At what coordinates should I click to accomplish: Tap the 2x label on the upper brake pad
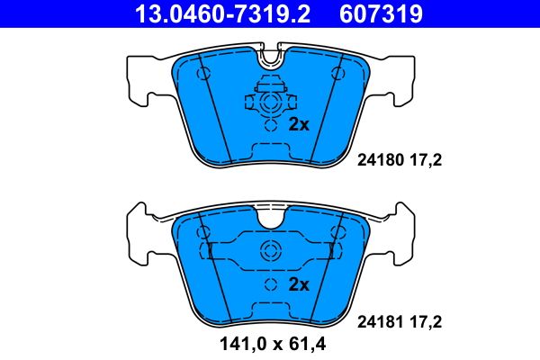[299, 125]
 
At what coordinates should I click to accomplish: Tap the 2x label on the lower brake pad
[299, 285]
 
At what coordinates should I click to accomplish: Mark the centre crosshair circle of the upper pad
[269, 104]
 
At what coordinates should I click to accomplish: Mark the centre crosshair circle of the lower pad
[270, 252]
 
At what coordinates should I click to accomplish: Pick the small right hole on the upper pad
[337, 72]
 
